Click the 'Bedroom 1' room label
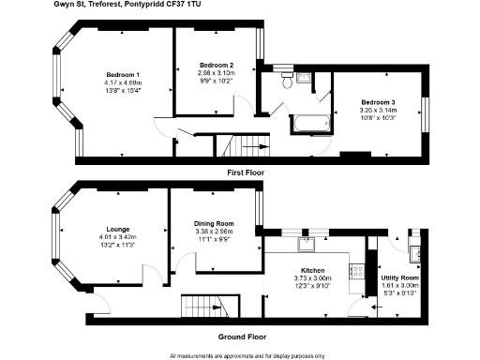point(125,75)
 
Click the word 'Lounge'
point(118,228)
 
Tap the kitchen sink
point(306,246)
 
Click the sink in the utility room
point(415,250)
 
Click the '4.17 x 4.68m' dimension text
point(125,83)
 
